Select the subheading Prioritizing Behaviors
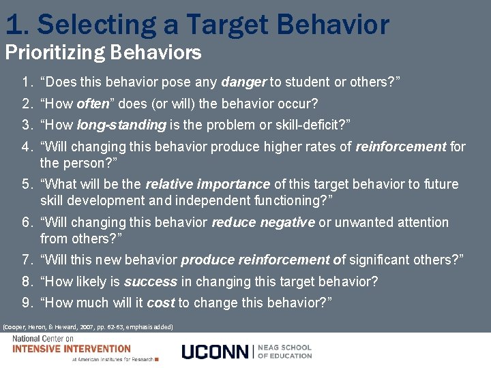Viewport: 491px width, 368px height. tap(103, 52)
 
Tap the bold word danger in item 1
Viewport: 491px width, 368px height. tap(243, 82)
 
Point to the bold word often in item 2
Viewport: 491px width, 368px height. tap(93, 104)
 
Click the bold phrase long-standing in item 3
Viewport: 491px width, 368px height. tap(121, 125)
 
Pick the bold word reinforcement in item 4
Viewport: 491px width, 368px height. tap(401, 147)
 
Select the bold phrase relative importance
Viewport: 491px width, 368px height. tap(207, 185)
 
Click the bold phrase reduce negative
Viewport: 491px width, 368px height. tap(263, 222)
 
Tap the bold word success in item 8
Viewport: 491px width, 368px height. tap(150, 281)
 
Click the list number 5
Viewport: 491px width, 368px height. tap(27, 185)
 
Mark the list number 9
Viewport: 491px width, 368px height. tap(27, 303)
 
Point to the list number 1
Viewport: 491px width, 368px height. tap(27, 82)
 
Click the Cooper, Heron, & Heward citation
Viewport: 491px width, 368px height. tap(89, 327)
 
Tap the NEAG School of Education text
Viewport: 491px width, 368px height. tap(284, 351)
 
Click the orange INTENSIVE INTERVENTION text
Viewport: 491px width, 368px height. tap(72, 348)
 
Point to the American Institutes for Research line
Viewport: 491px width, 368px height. tap(113, 359)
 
